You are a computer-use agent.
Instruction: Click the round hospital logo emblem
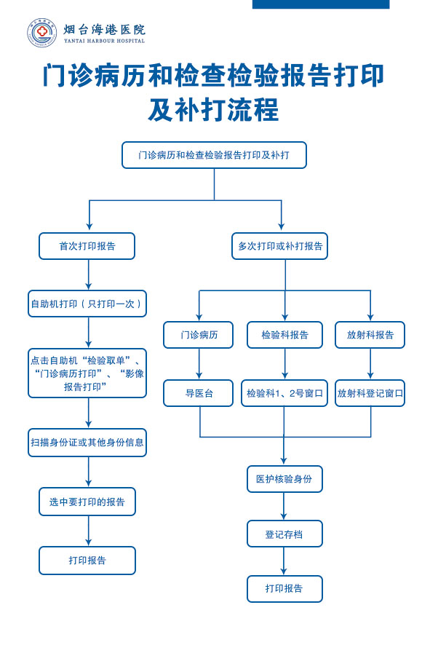[x=41, y=33]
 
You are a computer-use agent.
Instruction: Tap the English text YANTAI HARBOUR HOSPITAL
[x=105, y=41]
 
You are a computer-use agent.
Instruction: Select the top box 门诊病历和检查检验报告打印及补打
[x=214, y=155]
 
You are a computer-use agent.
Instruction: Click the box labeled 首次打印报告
[x=87, y=246]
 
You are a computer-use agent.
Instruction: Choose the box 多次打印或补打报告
[x=279, y=246]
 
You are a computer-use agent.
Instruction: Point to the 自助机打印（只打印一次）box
[x=87, y=304]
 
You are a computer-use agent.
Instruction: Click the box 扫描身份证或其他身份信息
[x=87, y=443]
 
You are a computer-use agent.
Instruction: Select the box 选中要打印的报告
[x=87, y=502]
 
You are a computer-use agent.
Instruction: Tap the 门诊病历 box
[x=199, y=335]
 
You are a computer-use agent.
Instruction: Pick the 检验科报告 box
[x=284, y=335]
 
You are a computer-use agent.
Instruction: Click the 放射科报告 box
[x=370, y=335]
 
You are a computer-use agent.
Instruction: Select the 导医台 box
[x=199, y=393]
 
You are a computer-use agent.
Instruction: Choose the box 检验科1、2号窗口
[x=284, y=393]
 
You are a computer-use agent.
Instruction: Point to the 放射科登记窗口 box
[x=370, y=393]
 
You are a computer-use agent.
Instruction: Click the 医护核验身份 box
[x=284, y=479]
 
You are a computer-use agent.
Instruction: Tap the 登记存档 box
[x=284, y=534]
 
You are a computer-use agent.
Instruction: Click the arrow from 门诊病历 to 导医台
[x=199, y=364]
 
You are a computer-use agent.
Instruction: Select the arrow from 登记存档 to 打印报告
[x=284, y=561]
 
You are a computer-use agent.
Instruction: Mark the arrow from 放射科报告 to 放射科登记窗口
[x=370, y=364]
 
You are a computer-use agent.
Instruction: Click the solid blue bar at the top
[x=321, y=4]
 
